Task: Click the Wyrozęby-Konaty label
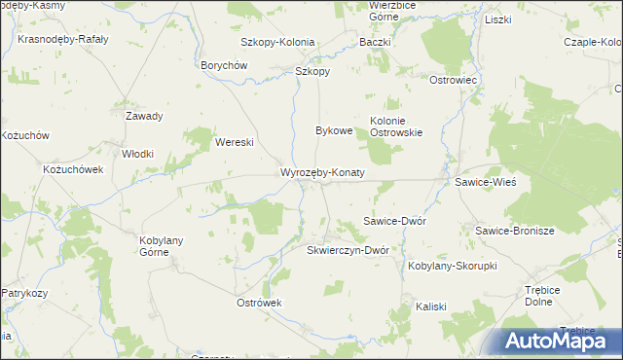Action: (x=322, y=172)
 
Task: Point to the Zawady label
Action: (x=144, y=116)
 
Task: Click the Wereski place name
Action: (x=235, y=142)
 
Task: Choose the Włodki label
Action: (x=137, y=154)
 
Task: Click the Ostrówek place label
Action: (x=259, y=303)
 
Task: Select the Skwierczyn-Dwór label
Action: (x=348, y=250)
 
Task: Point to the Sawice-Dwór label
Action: (x=394, y=221)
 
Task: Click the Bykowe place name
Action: (x=334, y=129)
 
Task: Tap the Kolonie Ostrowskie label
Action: (x=395, y=126)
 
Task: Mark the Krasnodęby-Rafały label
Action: (x=62, y=40)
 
